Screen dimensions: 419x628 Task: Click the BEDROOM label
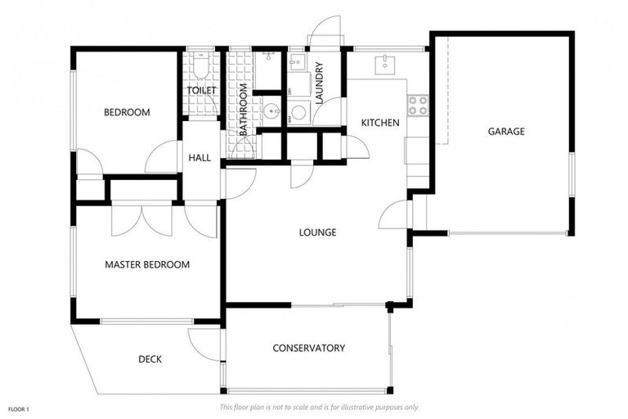pos(127,112)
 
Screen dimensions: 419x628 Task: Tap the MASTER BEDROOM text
pos(147,264)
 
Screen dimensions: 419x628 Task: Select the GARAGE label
pos(506,131)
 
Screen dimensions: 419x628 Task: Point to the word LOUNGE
pos(317,232)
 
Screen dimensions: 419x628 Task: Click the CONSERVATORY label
pos(308,348)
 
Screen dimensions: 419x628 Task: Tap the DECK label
pos(150,358)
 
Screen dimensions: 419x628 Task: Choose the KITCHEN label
pos(380,123)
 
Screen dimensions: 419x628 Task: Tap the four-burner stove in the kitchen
pos(417,105)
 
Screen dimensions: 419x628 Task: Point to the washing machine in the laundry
pos(298,112)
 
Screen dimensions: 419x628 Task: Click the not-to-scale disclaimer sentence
pos(319,407)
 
